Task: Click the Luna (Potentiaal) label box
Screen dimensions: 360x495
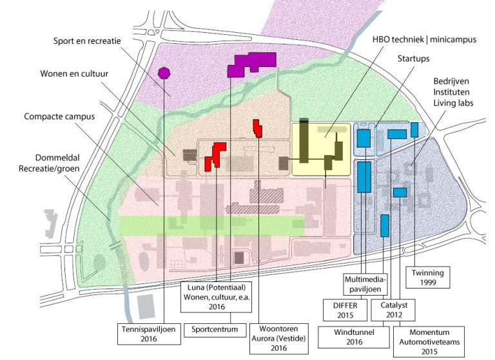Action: coord(215,298)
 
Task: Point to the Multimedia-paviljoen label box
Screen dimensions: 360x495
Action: coord(365,283)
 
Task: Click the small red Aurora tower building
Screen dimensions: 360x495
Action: coord(257,128)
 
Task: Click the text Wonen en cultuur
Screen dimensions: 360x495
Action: coord(75,81)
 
